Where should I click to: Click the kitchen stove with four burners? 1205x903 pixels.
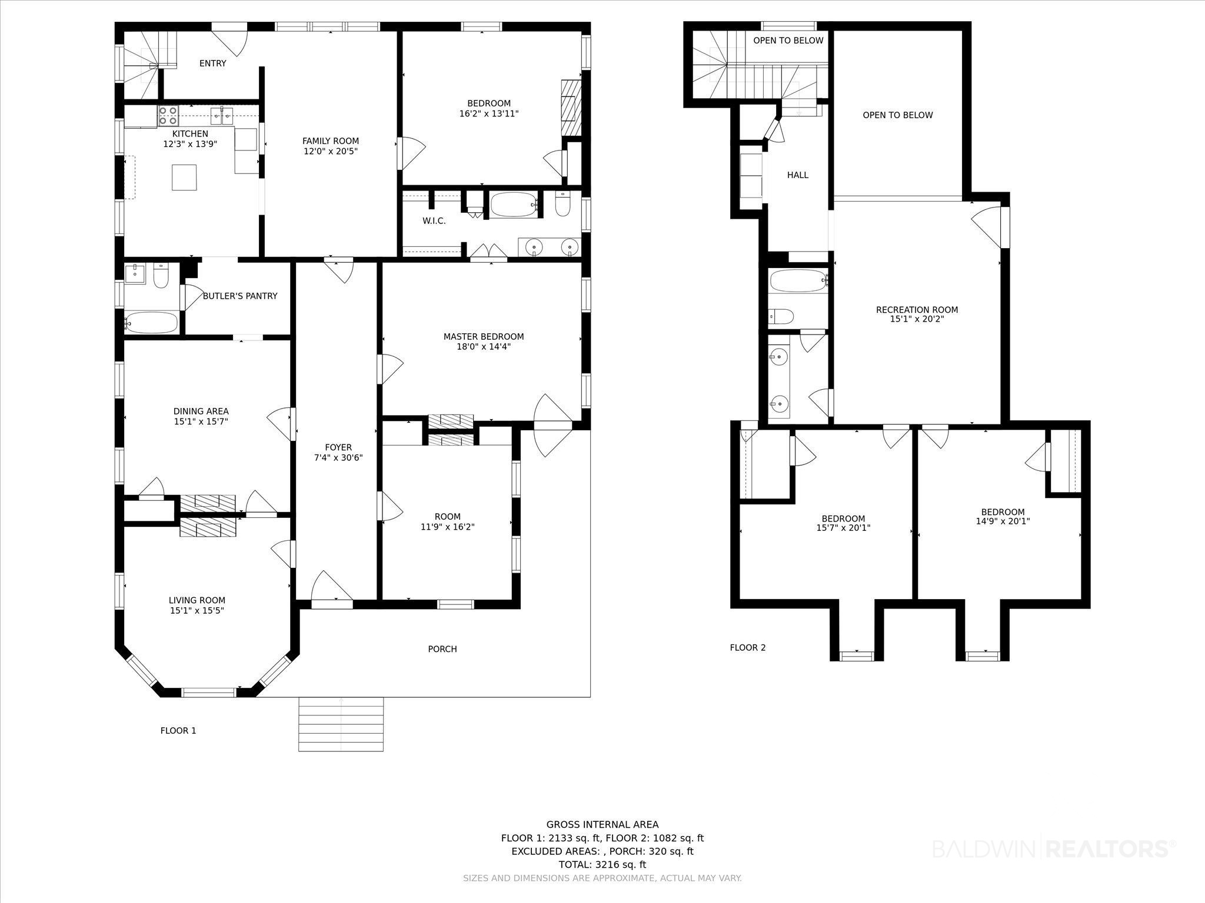[168, 115]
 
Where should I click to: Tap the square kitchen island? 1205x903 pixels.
[184, 177]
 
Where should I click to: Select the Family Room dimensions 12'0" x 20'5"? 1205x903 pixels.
[331, 151]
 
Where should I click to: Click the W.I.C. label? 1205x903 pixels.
[434, 221]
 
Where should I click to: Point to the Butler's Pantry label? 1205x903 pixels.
[240, 296]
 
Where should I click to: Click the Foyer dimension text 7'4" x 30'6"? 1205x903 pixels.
[338, 457]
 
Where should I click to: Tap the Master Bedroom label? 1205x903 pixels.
[484, 337]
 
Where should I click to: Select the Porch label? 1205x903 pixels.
[442, 649]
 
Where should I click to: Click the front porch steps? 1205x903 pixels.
[341, 724]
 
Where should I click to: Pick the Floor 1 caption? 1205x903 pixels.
[178, 731]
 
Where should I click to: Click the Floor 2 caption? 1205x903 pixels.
[748, 648]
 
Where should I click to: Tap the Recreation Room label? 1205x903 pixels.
[917, 310]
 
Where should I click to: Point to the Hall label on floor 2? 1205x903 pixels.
[798, 175]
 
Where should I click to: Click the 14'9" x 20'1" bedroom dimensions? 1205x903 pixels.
[1003, 521]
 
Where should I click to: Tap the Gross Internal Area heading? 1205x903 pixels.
[602, 825]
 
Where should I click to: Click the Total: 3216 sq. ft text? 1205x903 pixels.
[602, 865]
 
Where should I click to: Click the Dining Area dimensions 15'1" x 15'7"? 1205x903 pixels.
[201, 422]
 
